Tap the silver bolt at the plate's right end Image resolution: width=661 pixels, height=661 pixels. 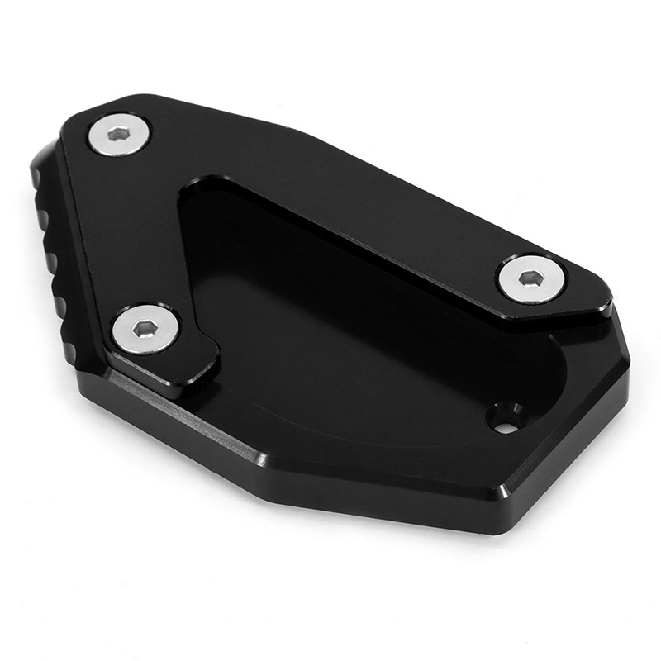(x=531, y=278)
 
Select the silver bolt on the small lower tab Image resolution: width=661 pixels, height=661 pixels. (x=145, y=329)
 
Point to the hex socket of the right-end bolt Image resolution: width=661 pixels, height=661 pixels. (x=531, y=278)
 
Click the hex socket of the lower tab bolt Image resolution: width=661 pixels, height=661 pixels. (x=146, y=328)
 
